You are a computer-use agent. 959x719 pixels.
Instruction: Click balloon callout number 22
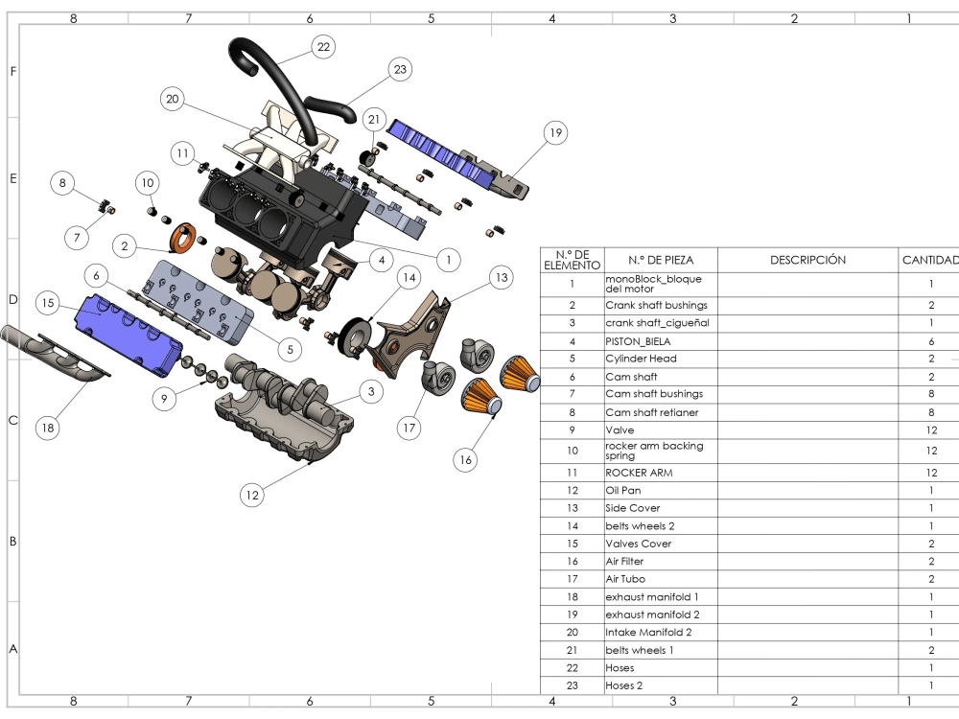point(323,46)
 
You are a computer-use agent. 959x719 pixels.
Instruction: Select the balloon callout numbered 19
point(555,132)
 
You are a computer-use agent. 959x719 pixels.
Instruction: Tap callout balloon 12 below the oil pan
point(251,495)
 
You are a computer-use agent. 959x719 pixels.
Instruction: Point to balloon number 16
point(466,460)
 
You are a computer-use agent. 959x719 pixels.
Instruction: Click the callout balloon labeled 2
point(125,246)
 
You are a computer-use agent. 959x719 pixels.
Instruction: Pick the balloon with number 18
point(47,429)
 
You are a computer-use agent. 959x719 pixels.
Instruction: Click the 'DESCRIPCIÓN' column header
point(807,260)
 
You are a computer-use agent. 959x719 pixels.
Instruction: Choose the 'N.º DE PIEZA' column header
point(660,260)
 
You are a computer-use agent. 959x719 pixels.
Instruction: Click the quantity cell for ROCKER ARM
point(929,473)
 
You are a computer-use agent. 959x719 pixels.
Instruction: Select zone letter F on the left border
point(12,72)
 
